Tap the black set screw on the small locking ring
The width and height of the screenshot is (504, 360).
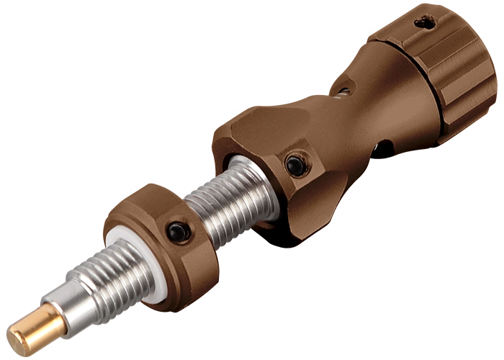pos(176,231)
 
